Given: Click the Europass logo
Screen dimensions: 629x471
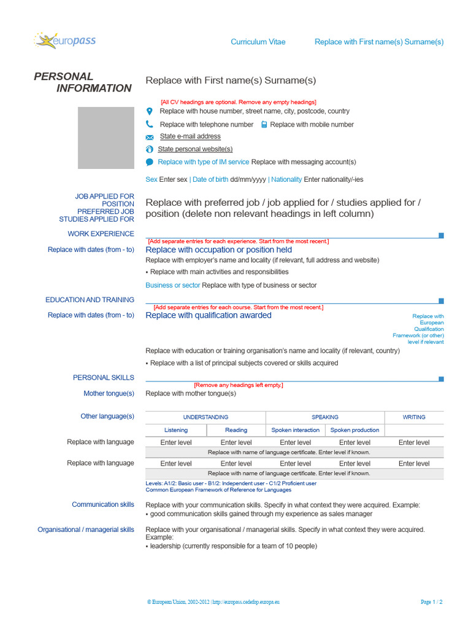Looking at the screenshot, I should [x=65, y=41].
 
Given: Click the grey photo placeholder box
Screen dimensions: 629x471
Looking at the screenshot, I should [x=105, y=138].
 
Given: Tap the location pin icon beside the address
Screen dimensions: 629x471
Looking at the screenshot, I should [x=149, y=111].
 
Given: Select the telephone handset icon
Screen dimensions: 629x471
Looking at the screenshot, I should [x=149, y=124].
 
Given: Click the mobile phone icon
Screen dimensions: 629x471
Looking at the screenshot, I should [x=264, y=124].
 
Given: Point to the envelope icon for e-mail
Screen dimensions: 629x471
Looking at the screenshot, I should [x=149, y=137].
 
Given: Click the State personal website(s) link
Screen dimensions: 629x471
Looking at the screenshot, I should [x=186, y=149].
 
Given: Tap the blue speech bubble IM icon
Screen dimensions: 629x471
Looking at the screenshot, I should [x=149, y=162].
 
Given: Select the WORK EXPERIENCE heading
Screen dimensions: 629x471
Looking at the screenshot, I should [x=101, y=234].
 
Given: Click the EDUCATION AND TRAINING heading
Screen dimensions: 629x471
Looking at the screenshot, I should [x=90, y=300].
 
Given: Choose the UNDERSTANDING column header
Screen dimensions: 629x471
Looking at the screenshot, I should [x=205, y=417].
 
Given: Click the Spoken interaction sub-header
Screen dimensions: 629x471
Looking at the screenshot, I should [x=295, y=430].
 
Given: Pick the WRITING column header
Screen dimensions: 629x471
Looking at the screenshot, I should [x=414, y=417].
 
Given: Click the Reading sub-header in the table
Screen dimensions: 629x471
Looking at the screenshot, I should [x=236, y=430].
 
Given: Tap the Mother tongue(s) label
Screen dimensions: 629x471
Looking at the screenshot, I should [x=109, y=394].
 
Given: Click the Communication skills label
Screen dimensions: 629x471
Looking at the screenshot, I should [x=102, y=504].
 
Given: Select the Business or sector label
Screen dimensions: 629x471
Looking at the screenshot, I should [x=172, y=285].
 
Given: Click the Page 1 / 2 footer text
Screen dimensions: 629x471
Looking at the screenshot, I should [x=431, y=602].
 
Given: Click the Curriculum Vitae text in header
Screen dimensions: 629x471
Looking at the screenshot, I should [x=258, y=42].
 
